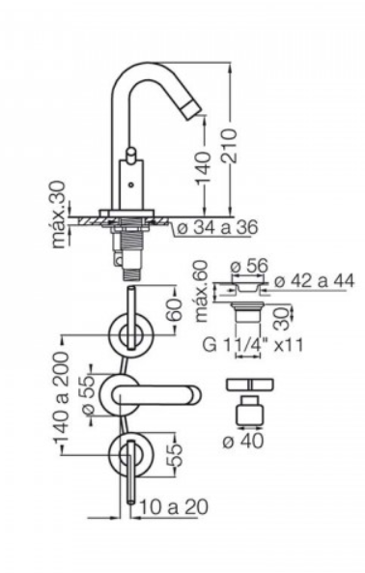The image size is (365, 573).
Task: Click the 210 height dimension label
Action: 231,145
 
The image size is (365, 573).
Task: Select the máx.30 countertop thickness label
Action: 61,215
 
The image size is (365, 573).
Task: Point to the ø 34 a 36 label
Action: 217,227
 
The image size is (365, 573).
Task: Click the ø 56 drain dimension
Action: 250,266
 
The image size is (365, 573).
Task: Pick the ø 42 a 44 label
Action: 314,281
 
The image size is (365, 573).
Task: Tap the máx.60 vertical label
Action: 202,291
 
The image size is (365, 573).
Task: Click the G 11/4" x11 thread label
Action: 253,345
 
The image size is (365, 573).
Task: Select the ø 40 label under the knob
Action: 242,442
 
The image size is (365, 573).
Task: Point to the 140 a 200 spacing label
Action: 61,397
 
